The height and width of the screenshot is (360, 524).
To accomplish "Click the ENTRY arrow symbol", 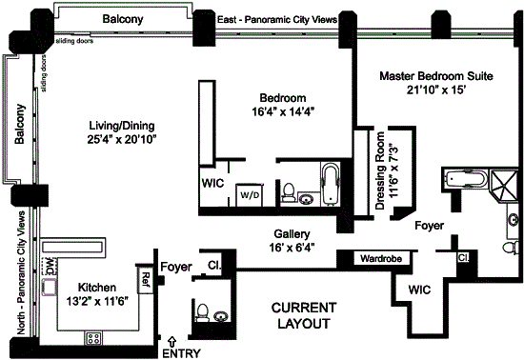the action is point(172,342).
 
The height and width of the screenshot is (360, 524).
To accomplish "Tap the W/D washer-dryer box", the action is point(249,195).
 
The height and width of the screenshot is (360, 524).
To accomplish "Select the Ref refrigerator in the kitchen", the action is point(146,279).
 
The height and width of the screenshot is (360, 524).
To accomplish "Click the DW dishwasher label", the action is point(50,266).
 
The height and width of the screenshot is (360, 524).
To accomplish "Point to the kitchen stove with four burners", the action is point(93,338).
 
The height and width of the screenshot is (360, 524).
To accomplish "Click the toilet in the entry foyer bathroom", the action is point(202,312).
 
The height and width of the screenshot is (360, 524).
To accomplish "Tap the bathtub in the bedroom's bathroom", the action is point(331,184).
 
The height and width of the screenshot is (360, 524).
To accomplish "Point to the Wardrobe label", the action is point(381,258).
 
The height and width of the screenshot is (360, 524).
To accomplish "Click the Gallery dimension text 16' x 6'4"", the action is point(292,248).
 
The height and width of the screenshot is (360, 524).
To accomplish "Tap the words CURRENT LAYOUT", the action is point(304,315).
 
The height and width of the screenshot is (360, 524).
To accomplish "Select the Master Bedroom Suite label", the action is point(436,76).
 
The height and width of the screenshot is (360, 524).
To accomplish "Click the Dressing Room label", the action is point(380,170).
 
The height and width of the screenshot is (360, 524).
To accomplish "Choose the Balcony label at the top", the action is point(123,19).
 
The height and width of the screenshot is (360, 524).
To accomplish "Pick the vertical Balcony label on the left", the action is point(20,124).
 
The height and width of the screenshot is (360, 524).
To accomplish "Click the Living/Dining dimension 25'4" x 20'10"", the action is point(122,139).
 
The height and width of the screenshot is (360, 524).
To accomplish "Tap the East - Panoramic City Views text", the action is point(277,20).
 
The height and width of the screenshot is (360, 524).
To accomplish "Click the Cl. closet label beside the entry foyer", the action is point(214,265).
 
